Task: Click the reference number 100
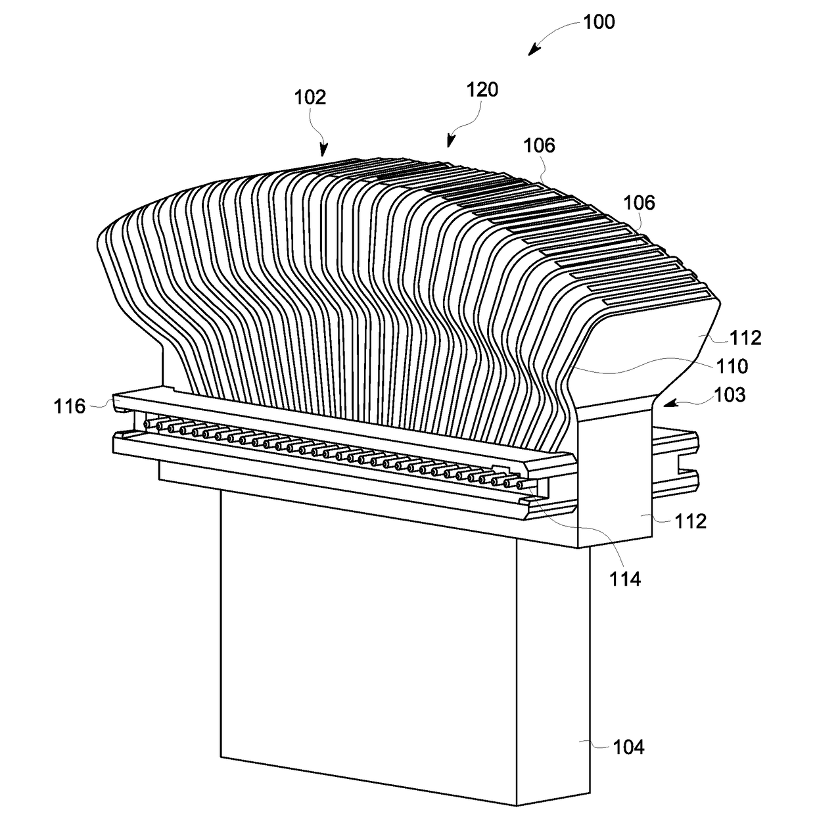coord(599,22)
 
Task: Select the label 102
coord(310,97)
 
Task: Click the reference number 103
coord(729,394)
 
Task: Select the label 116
coord(70,406)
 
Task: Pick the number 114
coord(624,578)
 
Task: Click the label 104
coord(628,747)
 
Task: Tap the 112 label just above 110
coord(745,338)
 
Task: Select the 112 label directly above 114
coord(690,521)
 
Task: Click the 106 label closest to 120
coord(540,145)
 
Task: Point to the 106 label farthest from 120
coord(639,202)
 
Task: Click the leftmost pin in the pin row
coord(147,425)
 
